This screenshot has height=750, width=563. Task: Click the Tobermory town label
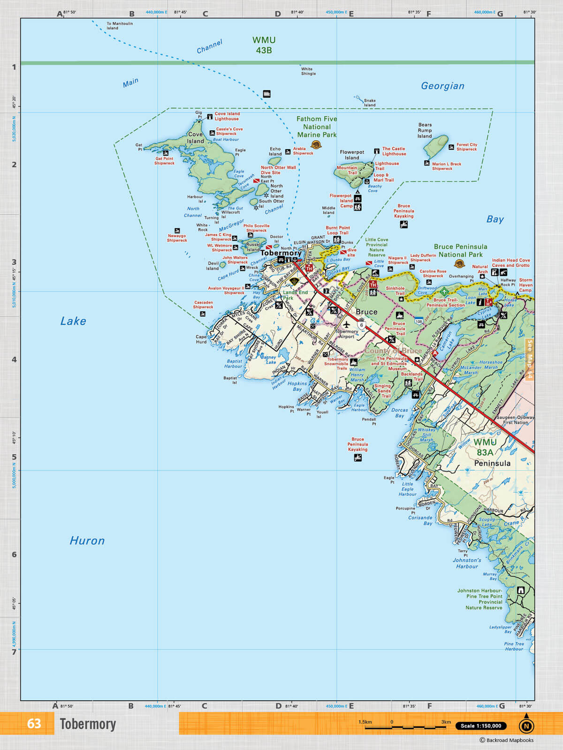281,253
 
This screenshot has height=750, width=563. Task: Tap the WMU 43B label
264,45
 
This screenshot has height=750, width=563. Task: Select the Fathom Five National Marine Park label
317,127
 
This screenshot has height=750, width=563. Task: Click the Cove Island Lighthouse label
227,116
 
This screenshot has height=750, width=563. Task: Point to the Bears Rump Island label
425,131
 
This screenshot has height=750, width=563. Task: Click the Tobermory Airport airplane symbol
347,324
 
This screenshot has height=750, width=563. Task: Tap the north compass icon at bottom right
526,726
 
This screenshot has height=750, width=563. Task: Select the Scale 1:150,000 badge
480,726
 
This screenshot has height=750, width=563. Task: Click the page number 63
34,724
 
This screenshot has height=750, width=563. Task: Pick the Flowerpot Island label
352,155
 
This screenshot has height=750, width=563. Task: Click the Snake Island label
370,103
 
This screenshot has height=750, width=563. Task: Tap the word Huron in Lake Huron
87,540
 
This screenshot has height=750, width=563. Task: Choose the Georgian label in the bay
442,86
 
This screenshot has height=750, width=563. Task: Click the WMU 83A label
485,447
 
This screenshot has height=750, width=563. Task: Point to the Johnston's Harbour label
467,563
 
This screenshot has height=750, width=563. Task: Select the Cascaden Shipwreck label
203,305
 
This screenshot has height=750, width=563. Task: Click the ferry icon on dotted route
266,94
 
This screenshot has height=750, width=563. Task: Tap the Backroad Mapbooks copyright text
506,740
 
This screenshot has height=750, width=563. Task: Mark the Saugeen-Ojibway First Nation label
515,420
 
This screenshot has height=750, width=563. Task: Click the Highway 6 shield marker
361,325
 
